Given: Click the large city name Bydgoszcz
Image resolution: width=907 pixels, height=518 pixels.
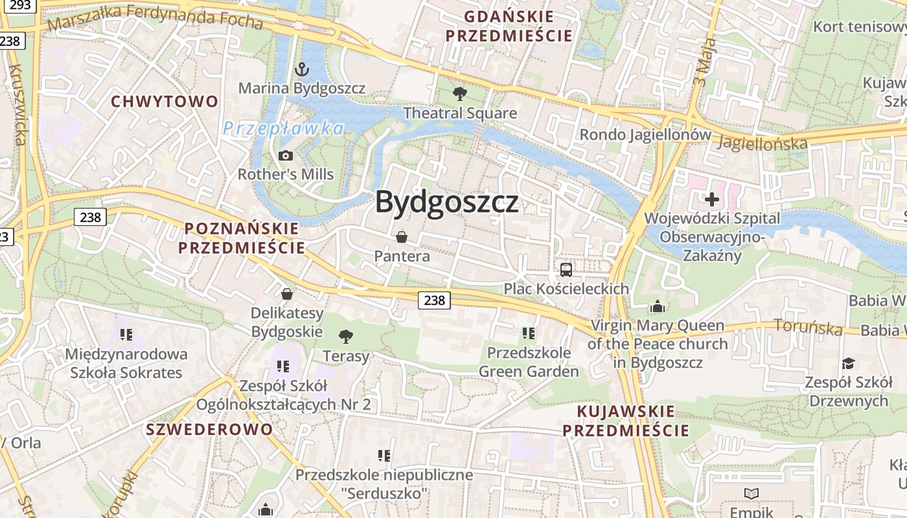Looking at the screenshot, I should click(x=447, y=202).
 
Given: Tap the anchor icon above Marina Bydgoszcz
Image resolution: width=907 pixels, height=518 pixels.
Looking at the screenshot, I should click(x=301, y=68).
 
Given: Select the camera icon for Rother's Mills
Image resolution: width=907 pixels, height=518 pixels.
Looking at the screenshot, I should click(x=285, y=155).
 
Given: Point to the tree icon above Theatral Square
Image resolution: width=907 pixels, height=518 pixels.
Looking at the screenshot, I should click(x=460, y=93).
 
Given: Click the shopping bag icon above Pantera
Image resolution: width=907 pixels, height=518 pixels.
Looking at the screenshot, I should click(x=402, y=237).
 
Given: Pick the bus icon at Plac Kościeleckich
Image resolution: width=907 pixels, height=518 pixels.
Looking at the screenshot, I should click(x=566, y=269).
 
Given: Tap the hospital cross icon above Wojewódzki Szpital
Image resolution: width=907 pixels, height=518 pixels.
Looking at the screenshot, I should click(x=712, y=199).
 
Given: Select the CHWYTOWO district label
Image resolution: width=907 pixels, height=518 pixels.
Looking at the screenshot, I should click(x=165, y=102).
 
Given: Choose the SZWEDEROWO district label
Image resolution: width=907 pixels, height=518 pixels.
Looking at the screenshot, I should click(x=209, y=429).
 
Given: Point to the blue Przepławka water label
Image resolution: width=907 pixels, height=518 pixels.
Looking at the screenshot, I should click(x=283, y=128).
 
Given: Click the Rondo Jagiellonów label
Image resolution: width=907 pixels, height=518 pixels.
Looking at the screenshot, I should click(x=645, y=135).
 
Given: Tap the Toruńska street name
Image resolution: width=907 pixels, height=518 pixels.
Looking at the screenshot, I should click(x=809, y=328).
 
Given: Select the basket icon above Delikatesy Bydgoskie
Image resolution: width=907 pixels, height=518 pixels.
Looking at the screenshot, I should click(x=287, y=294).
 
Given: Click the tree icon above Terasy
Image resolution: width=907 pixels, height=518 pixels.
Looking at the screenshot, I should click(x=346, y=336).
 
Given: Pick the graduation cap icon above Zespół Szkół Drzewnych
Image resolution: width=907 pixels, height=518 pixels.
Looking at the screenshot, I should click(x=848, y=363).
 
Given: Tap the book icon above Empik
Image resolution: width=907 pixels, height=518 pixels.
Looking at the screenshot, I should click(x=752, y=493).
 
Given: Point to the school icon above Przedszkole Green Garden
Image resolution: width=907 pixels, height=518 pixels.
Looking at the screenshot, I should click(x=529, y=333).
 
